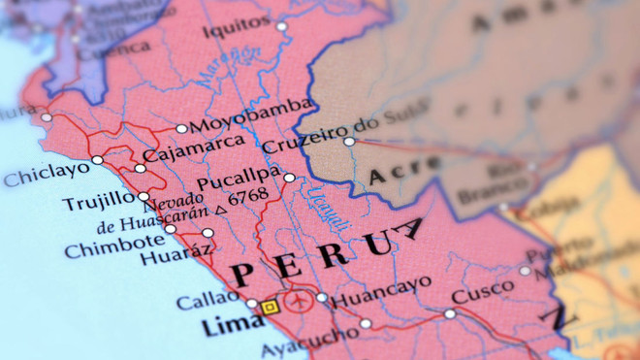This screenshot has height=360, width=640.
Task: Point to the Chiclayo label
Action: [x=46, y=175]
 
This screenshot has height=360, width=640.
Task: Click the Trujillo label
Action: [x=99, y=202]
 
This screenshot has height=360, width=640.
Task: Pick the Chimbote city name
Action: [x=113, y=246]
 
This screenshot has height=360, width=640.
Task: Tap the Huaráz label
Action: [x=175, y=256]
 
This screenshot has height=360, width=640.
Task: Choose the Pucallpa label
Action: [x=238, y=182]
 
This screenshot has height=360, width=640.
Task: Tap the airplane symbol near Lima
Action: [x=299, y=301]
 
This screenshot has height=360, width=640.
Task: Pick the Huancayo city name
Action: [x=381, y=296]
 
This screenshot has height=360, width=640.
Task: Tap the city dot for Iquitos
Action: [x=281, y=26]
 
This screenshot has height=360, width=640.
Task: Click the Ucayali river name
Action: [x=325, y=207]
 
